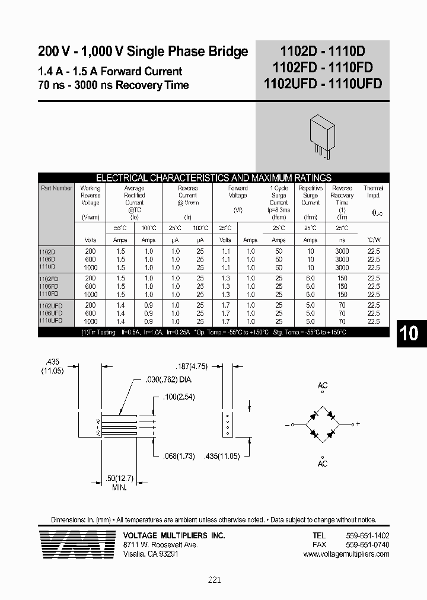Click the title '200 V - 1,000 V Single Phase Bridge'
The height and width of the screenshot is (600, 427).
[143, 52]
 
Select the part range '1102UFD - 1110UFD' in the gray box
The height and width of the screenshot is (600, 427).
[323, 85]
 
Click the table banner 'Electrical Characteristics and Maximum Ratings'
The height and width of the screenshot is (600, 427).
[213, 178]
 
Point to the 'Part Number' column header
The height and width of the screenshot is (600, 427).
[57, 189]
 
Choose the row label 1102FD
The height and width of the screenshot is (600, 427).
[49, 278]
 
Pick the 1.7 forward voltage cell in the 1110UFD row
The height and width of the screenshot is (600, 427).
[225, 321]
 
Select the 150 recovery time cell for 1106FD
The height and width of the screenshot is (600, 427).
[342, 286]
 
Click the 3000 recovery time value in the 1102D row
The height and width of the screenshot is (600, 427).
[342, 251]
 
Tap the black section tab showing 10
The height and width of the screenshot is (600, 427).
[409, 333]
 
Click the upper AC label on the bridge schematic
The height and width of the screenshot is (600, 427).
[323, 386]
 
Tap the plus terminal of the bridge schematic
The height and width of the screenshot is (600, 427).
[357, 425]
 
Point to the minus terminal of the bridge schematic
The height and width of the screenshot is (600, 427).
[287, 425]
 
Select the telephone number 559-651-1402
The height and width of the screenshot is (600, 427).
[367, 535]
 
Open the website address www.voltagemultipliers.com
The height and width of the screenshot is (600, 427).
[346, 554]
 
